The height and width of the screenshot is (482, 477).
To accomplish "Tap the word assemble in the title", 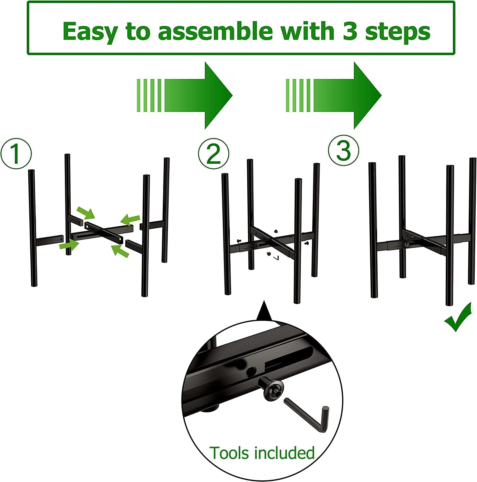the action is (216, 31).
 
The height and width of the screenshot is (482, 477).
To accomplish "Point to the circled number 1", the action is (16, 154).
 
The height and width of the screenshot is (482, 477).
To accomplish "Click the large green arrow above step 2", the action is (184, 95).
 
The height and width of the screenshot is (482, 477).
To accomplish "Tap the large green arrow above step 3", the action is (333, 95).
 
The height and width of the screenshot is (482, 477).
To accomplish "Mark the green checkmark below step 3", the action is (457, 318).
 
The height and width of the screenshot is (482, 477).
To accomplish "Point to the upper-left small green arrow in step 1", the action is (86, 212).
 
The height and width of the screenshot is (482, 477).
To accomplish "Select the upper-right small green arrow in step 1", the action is (130, 220).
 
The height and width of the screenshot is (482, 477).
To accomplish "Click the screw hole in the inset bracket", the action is (250, 372).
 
